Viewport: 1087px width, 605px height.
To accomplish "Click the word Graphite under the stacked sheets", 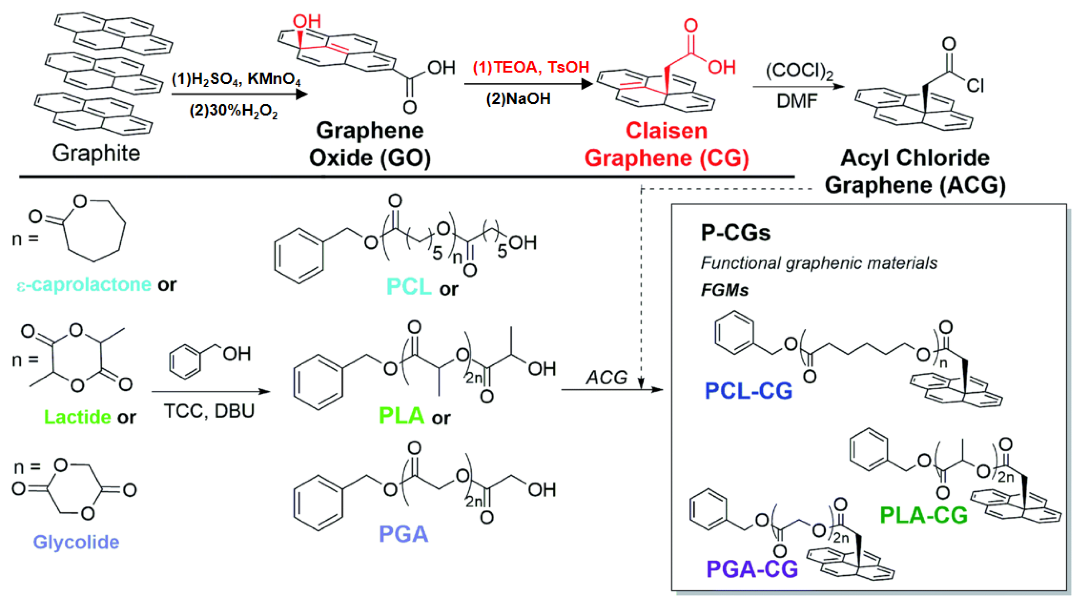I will [x=96, y=153].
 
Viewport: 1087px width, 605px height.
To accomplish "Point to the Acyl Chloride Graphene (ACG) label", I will [x=915, y=171].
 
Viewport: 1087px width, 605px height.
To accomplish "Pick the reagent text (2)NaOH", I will [x=518, y=99].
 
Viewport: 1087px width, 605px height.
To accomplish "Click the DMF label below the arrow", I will [x=797, y=101].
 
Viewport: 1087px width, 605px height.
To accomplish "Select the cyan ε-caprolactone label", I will [x=84, y=285].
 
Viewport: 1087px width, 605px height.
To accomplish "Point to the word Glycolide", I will [x=76, y=542].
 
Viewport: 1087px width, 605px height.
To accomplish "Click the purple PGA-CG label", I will [x=752, y=569].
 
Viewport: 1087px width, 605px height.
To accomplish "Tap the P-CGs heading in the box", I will [x=735, y=233].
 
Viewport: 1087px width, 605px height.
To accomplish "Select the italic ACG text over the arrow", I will [x=606, y=377].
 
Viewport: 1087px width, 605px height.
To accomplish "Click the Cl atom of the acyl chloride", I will [x=976, y=86].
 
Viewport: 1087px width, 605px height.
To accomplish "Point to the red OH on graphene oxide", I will [x=307, y=21].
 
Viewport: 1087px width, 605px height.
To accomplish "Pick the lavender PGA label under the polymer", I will [x=403, y=534].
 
